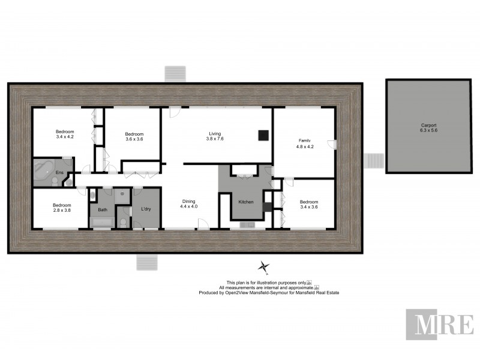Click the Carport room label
[x=429, y=125]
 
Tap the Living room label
[x=215, y=134]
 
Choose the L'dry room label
[x=146, y=209]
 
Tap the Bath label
[x=103, y=209]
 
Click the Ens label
[x=59, y=173]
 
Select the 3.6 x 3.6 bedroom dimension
[x=134, y=139]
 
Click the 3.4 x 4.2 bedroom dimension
[x=65, y=137]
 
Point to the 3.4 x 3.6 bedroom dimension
[x=308, y=207]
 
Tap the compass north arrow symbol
[x=263, y=266]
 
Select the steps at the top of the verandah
[x=176, y=73]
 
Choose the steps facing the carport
[x=374, y=161]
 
